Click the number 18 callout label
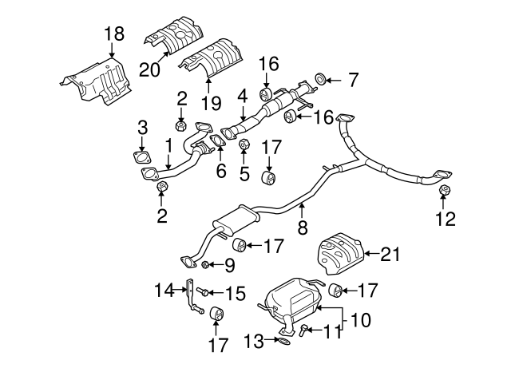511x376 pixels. pyautogui.click(x=114, y=33)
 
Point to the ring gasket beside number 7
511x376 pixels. pyautogui.click(x=319, y=79)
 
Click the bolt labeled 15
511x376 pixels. pyautogui.click(x=204, y=293)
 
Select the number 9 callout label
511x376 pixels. pyautogui.click(x=229, y=266)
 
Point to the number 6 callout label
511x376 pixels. pyautogui.click(x=221, y=170)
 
